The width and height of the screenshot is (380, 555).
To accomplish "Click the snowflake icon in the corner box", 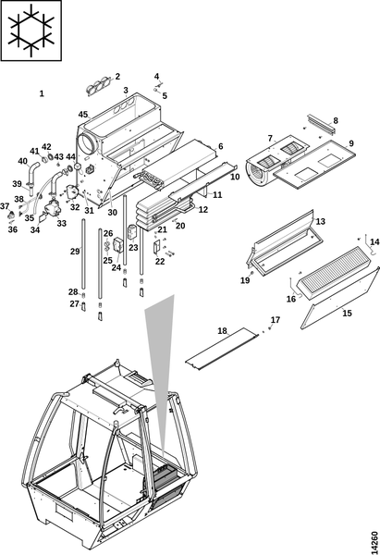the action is tap(31, 31).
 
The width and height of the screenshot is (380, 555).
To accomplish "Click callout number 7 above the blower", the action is tap(270, 138).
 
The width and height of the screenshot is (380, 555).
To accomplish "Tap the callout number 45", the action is tap(83, 115).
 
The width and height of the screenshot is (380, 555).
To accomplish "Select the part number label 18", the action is tap(222, 331).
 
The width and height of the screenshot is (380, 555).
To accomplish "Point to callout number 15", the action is tap(347, 314).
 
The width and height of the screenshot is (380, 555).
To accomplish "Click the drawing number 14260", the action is tap(374, 538).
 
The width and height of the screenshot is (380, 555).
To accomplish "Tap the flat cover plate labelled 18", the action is tap(222, 349).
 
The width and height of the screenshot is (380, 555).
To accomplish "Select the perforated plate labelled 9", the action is tap(314, 164).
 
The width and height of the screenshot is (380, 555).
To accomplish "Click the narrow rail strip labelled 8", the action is tap(322, 124).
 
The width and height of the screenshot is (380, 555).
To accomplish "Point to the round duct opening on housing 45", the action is tap(86, 144).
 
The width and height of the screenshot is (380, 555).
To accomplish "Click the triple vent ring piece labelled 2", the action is tap(98, 86).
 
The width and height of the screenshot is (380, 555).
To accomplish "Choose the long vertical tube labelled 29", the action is tap(83, 254).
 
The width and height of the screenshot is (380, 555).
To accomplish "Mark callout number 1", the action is tap(42, 93).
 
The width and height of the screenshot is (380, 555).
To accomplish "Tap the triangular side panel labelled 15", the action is tap(339, 298).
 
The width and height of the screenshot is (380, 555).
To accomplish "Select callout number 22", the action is tap(160, 261).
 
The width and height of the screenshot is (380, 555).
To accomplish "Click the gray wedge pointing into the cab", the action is tap(161, 372).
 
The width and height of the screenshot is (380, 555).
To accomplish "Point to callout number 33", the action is tap(62, 223).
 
